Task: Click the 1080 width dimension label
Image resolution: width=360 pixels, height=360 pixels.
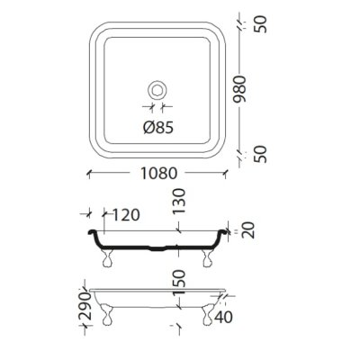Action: click(x=159, y=174)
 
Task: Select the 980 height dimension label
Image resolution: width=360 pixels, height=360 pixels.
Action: click(x=240, y=89)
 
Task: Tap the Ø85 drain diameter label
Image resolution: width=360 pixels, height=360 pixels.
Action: click(x=158, y=128)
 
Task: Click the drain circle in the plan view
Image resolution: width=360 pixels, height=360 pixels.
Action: click(x=157, y=90)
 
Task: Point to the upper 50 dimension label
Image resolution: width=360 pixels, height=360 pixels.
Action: click(x=260, y=24)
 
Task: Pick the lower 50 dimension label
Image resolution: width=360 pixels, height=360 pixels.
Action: click(x=260, y=154)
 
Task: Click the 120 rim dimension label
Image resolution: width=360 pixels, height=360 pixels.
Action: click(x=126, y=215)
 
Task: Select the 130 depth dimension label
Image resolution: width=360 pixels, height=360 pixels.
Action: click(x=179, y=201)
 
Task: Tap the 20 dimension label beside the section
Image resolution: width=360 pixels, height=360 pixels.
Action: click(x=248, y=230)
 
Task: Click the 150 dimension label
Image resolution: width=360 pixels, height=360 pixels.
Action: click(x=179, y=283)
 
